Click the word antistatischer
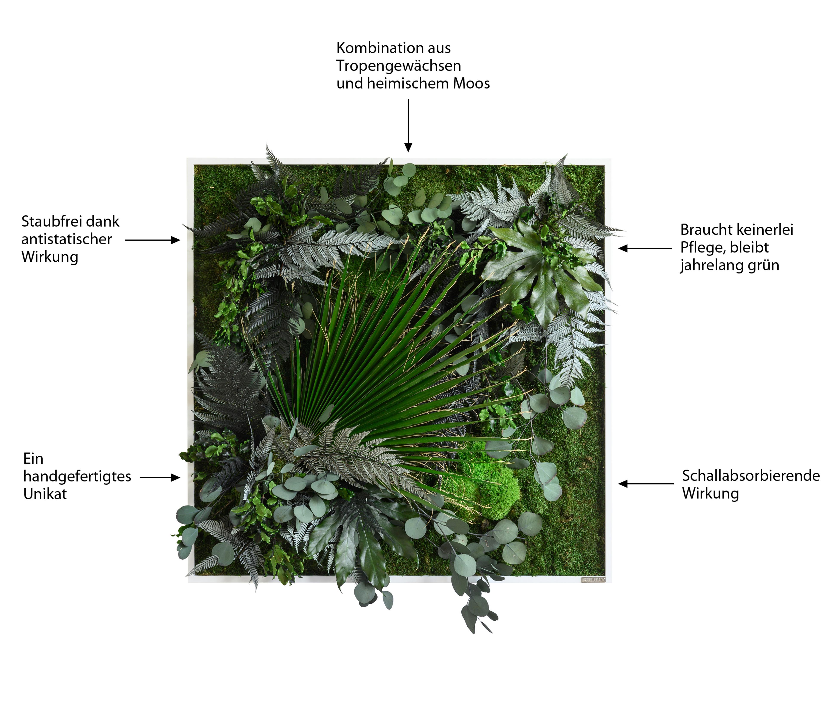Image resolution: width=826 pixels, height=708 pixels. point(66,239)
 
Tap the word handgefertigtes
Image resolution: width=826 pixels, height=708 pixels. point(77,476)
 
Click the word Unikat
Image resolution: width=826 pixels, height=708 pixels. point(45,494)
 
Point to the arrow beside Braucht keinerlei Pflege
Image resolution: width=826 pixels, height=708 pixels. point(645,248)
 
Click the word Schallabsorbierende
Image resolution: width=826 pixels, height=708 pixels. point(751,476)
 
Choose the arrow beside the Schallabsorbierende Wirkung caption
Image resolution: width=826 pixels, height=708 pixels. point(646,484)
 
